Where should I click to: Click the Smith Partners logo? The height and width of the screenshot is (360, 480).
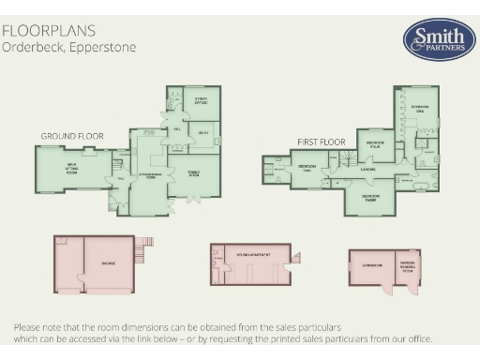(x=432, y=40)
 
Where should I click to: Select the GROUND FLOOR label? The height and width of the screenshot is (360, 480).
(x=70, y=136)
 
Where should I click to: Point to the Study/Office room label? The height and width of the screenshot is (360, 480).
(x=201, y=99)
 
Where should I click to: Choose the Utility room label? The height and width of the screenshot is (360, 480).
(x=202, y=133)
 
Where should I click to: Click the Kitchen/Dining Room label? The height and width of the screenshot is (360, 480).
(x=150, y=175)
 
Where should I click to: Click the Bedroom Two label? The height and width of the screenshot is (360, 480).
(x=307, y=169)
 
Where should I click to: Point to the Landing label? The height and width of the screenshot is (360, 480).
(x=368, y=170)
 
